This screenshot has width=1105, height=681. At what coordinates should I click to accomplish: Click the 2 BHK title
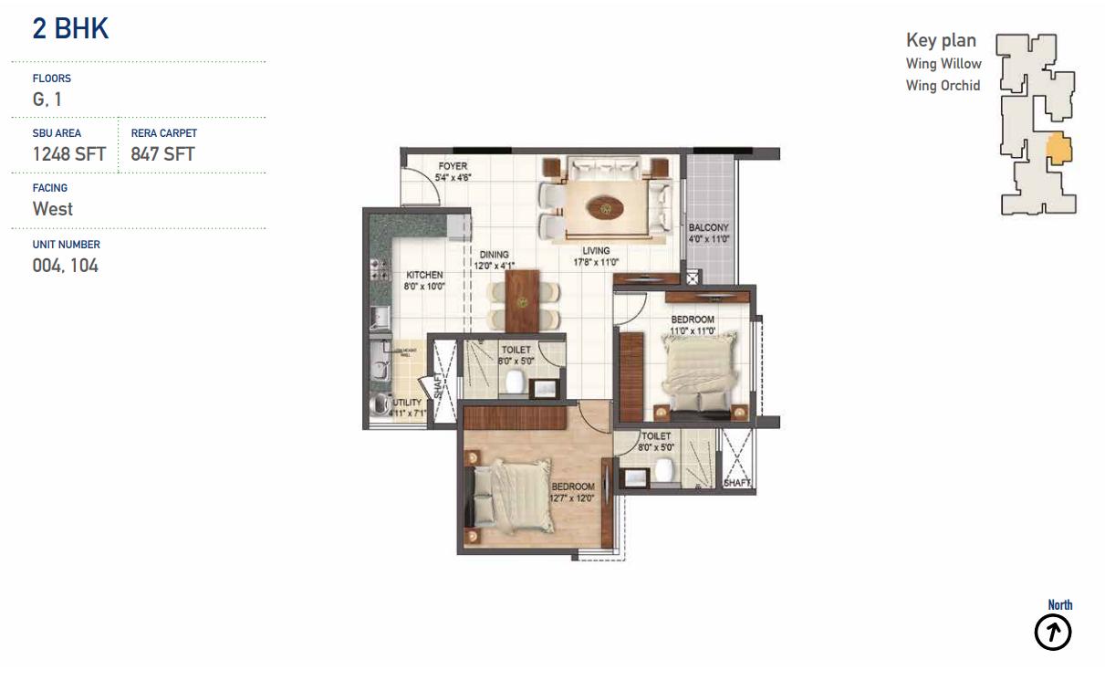point(70,29)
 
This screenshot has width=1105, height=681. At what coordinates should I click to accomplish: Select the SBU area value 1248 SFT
point(69,154)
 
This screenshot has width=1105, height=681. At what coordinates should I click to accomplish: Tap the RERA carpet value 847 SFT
point(162,154)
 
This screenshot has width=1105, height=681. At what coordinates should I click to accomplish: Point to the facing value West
point(53,209)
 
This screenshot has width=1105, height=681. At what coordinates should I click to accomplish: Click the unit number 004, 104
point(66,266)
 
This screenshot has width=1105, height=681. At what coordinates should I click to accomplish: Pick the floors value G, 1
point(47,100)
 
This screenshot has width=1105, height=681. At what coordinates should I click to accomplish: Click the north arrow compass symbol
point(1052,632)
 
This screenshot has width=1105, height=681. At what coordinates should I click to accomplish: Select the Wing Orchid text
point(943,86)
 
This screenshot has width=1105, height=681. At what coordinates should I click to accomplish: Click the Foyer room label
point(453,166)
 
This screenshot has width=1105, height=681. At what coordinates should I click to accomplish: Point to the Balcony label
point(709,227)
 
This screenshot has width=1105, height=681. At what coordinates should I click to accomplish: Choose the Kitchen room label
point(424,275)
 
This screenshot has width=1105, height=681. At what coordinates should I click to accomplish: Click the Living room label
point(591,251)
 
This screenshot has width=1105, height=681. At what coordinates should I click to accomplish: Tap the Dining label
point(491,256)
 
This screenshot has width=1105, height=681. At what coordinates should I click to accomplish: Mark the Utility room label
point(407,403)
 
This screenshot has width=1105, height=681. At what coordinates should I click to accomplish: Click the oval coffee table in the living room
point(606,207)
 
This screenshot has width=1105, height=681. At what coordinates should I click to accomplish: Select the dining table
point(523,300)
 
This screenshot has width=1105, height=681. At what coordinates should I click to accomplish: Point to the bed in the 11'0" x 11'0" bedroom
point(699,369)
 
